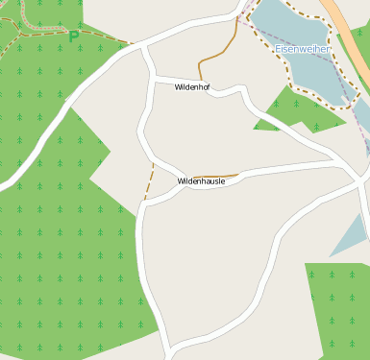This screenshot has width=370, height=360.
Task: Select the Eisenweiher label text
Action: [302, 48]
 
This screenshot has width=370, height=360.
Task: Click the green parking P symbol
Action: [74, 36]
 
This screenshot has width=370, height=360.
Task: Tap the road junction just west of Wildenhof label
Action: [154, 77]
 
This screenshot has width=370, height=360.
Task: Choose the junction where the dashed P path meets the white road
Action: [132, 44]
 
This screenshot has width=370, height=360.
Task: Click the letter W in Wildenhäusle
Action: [181, 180]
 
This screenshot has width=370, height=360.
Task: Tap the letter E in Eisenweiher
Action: [278, 48]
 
